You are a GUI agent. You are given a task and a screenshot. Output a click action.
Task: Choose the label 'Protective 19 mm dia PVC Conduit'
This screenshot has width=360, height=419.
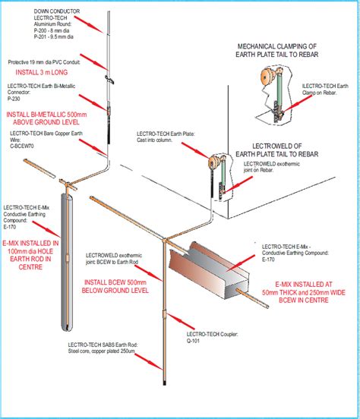pyautogui.click(x=49, y=62)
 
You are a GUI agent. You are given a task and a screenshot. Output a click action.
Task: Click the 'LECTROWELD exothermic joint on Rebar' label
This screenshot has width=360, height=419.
pyautogui.click(x=266, y=168)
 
